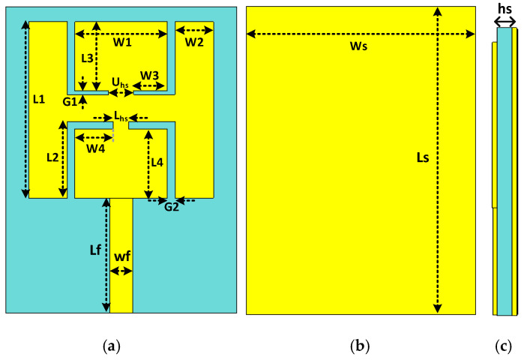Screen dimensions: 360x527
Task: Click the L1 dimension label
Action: [39, 98]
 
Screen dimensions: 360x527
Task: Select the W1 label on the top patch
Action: [123, 43]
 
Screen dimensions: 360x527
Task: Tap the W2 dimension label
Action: [194, 43]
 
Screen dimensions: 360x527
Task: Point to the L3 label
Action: [87, 58]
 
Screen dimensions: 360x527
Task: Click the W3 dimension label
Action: [150, 75]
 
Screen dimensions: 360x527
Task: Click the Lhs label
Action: [121, 117]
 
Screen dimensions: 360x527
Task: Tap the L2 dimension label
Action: [52, 157]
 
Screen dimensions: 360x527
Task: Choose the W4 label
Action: [95, 148]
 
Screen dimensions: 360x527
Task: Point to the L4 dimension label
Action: [157, 162]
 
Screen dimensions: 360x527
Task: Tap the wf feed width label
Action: [122, 257]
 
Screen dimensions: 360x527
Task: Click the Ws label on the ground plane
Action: [359, 46]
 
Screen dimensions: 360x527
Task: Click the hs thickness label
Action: [506, 9]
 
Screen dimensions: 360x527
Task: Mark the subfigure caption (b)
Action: [360, 346]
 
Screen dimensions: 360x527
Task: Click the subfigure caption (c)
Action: [503, 346]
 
